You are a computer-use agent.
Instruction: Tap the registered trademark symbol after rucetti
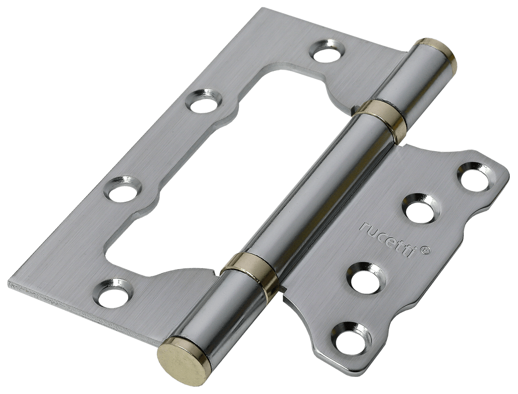[426, 251]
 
